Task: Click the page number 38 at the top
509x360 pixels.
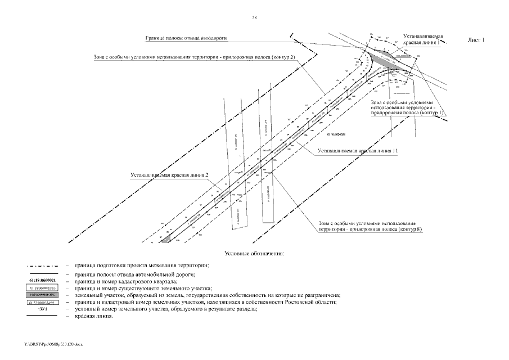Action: click(x=255, y=19)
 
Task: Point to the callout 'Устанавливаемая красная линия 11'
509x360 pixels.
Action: click(x=358, y=151)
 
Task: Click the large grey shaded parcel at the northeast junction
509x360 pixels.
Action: click(x=397, y=63)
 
